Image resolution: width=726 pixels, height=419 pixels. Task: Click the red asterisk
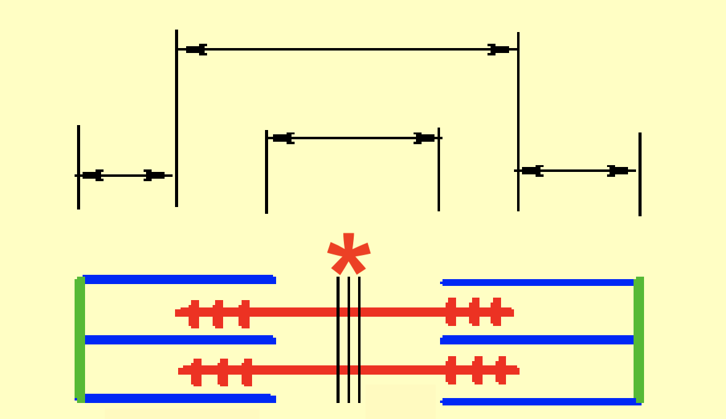349,253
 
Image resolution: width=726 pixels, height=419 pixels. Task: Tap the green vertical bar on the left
80,339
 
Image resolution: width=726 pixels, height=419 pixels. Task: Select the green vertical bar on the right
639,339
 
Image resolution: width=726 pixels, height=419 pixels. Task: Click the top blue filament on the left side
179,280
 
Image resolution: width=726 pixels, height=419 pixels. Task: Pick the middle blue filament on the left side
179,340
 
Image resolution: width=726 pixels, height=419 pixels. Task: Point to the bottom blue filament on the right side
539,402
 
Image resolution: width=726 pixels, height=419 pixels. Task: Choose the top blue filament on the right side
539,283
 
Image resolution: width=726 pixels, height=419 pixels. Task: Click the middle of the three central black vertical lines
349,339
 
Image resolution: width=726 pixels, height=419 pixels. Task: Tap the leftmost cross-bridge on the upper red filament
195,314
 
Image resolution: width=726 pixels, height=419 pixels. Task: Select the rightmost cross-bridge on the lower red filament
502,370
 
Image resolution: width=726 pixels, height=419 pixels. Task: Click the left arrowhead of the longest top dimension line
196,49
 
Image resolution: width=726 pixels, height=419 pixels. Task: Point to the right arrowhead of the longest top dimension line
499,49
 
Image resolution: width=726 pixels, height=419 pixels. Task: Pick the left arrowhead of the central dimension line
283,138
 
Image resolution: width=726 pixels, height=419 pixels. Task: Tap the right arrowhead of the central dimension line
424,138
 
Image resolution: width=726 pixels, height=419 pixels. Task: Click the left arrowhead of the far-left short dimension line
92,176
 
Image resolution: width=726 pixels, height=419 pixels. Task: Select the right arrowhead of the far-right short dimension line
618,171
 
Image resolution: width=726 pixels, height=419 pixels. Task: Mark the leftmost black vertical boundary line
78,166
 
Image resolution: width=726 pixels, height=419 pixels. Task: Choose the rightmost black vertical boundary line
640,174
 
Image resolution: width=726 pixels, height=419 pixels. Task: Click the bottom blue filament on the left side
179,399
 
